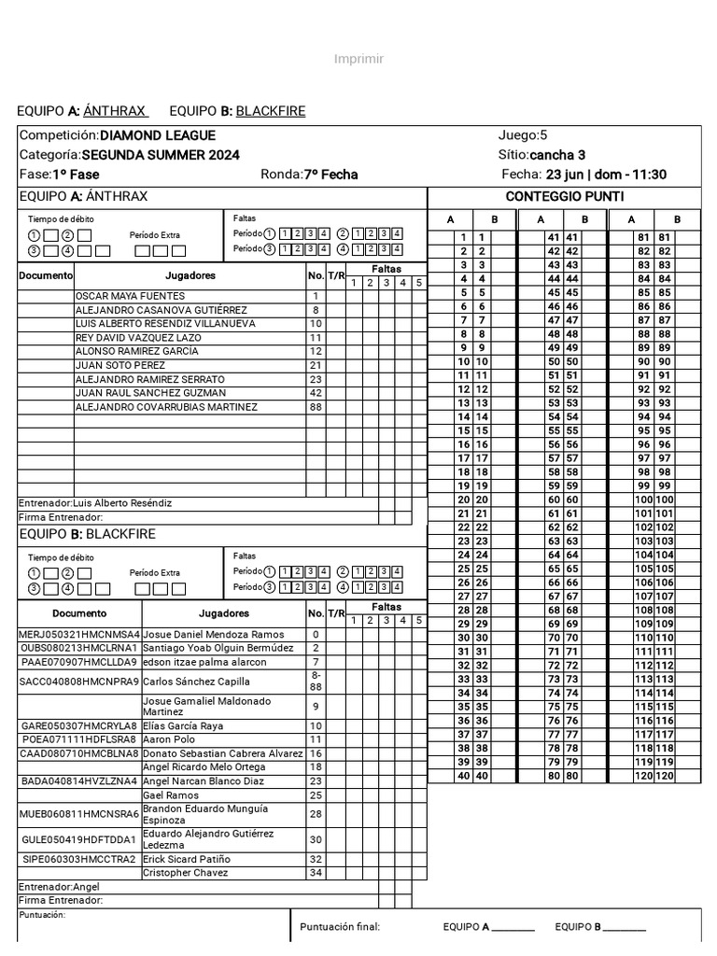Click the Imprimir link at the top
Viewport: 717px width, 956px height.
(x=358, y=60)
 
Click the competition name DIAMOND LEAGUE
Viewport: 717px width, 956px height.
(x=157, y=135)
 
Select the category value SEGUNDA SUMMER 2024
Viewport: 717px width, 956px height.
(x=160, y=155)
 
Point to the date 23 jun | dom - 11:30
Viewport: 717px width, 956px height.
(x=606, y=175)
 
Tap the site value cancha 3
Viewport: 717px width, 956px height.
(x=557, y=155)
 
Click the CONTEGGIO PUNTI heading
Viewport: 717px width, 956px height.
(x=565, y=196)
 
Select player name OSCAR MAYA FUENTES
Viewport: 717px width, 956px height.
(x=130, y=296)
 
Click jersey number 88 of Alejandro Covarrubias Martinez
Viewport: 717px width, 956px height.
(x=316, y=407)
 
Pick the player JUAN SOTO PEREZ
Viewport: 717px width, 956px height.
(x=119, y=365)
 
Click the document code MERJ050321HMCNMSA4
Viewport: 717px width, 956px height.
(x=78, y=634)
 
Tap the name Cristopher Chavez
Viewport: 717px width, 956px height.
(x=185, y=873)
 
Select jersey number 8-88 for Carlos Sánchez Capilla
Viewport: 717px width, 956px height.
(x=316, y=681)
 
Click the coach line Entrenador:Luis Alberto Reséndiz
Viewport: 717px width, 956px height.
(x=95, y=503)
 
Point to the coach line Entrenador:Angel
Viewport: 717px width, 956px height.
(x=59, y=886)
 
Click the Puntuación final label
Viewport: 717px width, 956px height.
(x=340, y=927)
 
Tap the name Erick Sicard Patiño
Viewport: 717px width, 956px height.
(x=186, y=859)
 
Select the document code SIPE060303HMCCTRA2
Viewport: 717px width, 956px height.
(x=78, y=859)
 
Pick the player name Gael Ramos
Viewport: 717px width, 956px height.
(x=171, y=795)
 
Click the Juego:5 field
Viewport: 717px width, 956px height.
(x=523, y=135)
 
